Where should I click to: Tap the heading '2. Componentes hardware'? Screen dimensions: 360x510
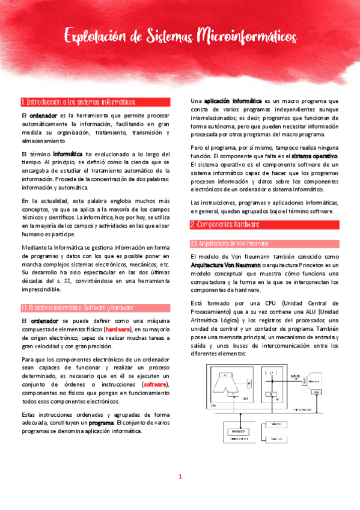pos(225,224)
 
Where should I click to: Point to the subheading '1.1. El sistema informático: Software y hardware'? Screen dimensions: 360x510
pos(77,307)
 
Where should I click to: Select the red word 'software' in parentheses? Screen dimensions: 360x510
pos(155,384)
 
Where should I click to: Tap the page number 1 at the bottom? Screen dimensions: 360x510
pos(180,476)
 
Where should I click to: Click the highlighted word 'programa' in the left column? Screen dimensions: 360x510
pos(97,423)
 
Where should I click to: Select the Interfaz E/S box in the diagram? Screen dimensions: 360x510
pos(237,432)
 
